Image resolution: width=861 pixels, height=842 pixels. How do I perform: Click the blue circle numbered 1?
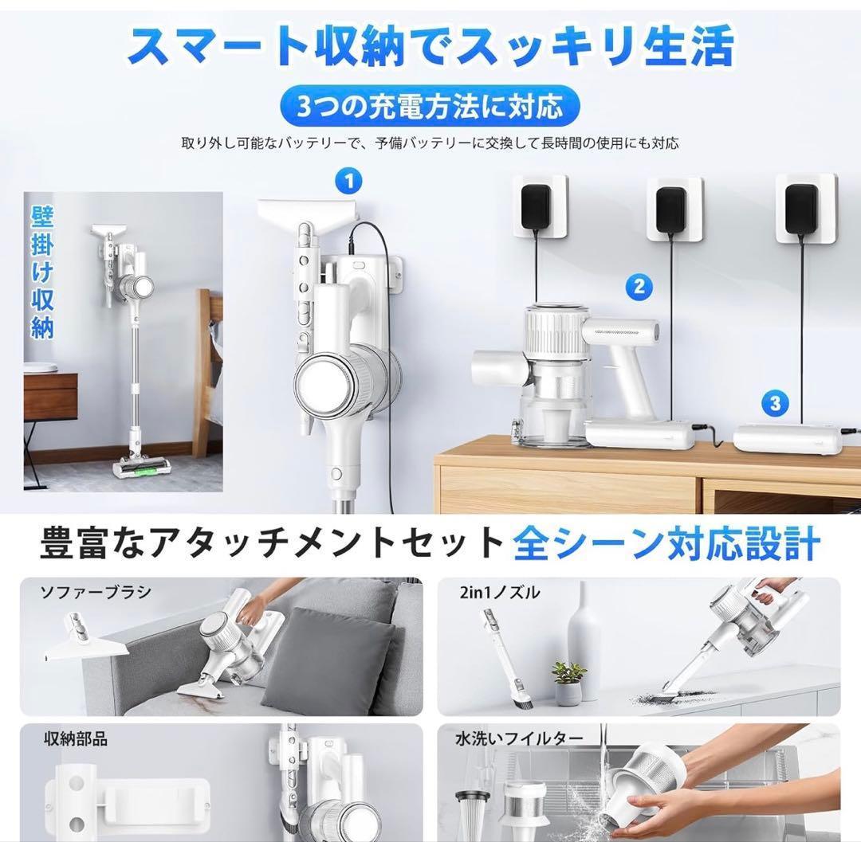pyautogui.click(x=348, y=181)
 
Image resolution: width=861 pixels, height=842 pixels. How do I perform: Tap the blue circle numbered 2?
pyautogui.click(x=639, y=286)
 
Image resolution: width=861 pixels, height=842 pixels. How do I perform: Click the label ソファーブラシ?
pyautogui.click(x=96, y=592)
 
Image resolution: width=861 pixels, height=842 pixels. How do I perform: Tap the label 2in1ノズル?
pyautogui.click(x=511, y=592)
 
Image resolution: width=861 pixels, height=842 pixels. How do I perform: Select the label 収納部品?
pyautogui.click(x=75, y=738)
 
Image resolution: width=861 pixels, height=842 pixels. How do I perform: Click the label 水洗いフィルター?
pyautogui.click(x=519, y=738)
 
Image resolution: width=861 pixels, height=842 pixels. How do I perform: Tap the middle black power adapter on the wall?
pyautogui.click(x=672, y=208)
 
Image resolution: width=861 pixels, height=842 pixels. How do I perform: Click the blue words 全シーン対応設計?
pyautogui.click(x=666, y=545)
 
